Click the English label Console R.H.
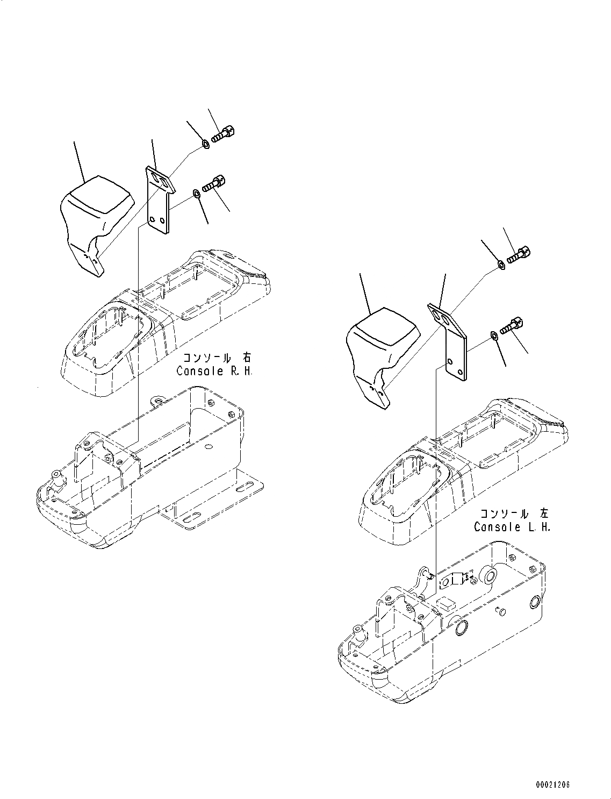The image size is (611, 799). (213, 371)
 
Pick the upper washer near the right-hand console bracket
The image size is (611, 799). (205, 144)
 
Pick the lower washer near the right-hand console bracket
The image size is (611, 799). (197, 193)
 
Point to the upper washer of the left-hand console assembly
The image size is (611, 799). (501, 264)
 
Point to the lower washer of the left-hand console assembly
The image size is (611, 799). (493, 336)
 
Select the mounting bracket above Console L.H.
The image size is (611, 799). (450, 339)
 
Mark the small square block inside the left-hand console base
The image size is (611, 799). (444, 604)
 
